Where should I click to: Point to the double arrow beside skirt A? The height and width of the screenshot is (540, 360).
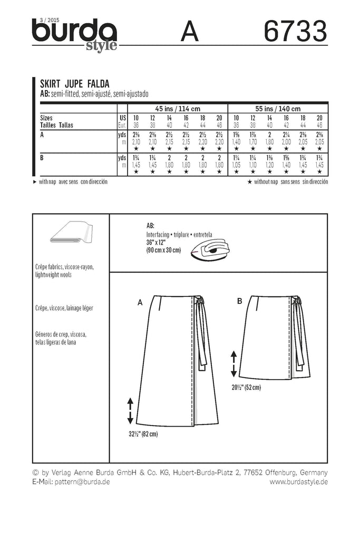coord(129,411)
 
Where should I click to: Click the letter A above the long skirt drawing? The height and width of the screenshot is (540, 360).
coord(140,303)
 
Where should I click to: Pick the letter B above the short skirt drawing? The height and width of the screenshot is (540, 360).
coord(239,301)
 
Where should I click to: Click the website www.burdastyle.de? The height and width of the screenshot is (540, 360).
coord(298,482)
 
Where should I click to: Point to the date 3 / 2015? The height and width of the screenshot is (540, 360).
coord(47,20)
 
